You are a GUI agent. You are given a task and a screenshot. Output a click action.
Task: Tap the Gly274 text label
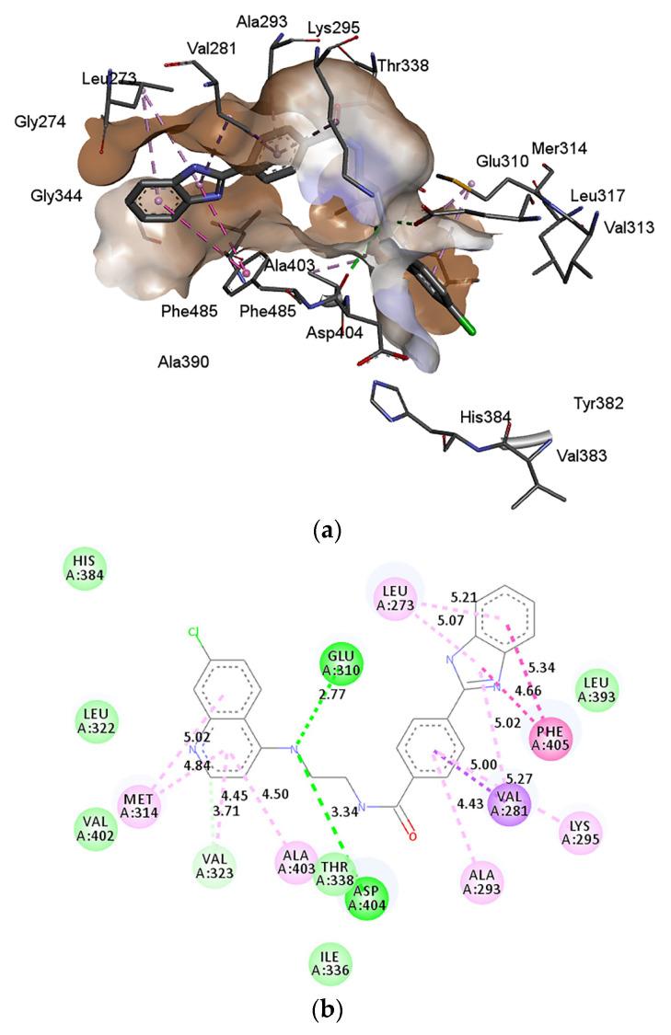(40, 121)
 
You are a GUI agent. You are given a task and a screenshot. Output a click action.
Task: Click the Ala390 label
(182, 362)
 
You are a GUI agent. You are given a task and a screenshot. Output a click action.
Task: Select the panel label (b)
(328, 1011)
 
